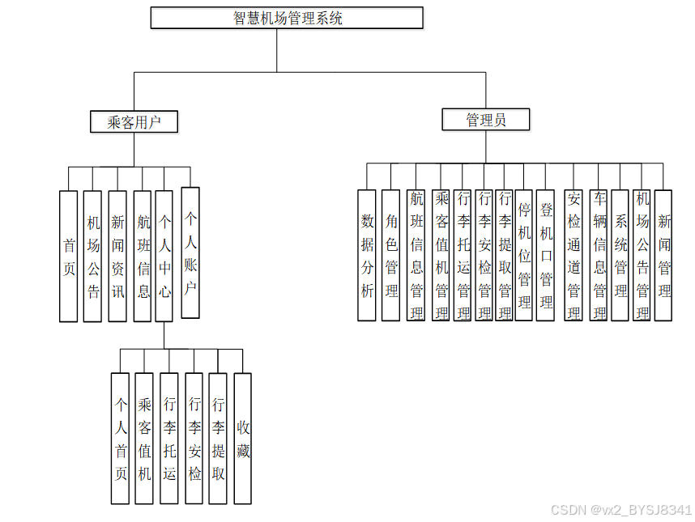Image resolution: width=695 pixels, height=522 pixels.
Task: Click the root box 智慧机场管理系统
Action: click(x=287, y=18)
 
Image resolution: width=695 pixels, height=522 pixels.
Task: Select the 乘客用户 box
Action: click(x=134, y=122)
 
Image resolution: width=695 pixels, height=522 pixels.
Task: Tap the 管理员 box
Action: click(x=486, y=121)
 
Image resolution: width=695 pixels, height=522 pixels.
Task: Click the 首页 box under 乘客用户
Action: click(x=69, y=256)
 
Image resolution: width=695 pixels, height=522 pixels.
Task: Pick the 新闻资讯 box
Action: click(x=117, y=256)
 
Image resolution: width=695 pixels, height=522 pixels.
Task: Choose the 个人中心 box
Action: click(x=164, y=256)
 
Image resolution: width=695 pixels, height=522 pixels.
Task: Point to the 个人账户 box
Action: click(x=190, y=253)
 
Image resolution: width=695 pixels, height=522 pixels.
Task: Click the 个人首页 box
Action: click(x=120, y=438)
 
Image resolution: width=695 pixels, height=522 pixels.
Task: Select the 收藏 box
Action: click(x=243, y=438)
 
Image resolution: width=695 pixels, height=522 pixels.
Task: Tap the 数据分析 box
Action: click(x=367, y=255)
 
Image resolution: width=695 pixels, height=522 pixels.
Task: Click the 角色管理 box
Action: click(x=391, y=255)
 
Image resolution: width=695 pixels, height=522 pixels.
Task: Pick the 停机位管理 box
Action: click(x=524, y=255)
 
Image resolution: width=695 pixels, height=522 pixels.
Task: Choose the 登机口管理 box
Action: click(x=546, y=255)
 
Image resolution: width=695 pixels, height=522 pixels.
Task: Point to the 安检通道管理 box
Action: click(x=573, y=255)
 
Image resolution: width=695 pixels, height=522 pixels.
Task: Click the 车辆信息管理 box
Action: click(x=599, y=255)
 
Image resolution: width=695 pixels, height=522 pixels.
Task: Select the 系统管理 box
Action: click(x=620, y=255)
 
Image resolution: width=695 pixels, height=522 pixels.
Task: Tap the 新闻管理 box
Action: click(x=664, y=255)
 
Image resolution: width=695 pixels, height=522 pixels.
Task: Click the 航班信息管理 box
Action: click(x=416, y=255)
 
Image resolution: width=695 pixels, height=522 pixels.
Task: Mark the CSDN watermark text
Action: click(x=621, y=510)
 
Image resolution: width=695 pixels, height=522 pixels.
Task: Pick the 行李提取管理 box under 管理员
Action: click(x=504, y=255)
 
